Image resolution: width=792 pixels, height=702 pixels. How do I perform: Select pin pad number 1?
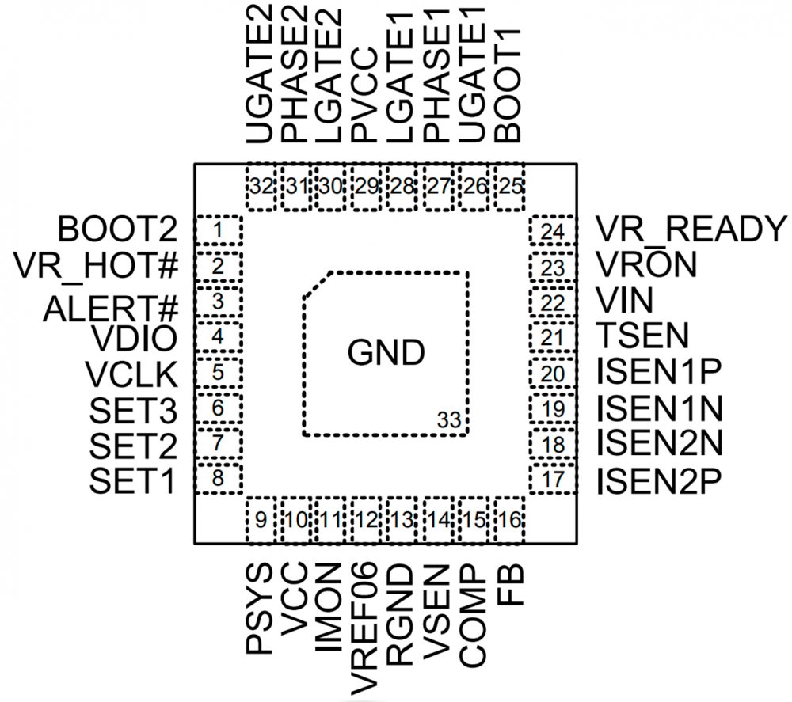point(218,231)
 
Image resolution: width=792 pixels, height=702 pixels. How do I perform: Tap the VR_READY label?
point(690,230)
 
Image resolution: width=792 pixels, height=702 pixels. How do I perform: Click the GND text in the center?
point(386,353)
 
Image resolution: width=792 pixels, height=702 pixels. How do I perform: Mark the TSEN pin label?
point(642,336)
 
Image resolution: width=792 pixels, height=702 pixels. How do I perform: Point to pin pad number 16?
point(511,520)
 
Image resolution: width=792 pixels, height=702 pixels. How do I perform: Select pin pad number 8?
point(218,479)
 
